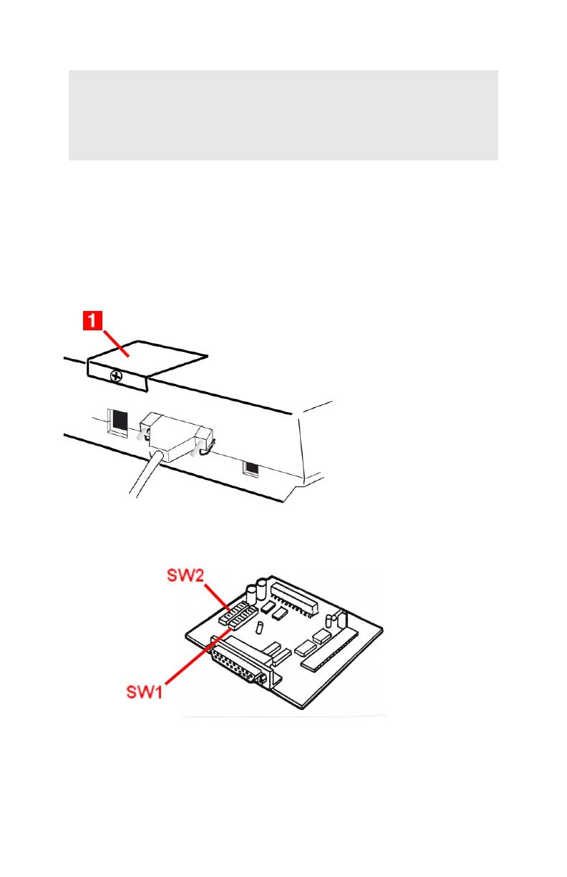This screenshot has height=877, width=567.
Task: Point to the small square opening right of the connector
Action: [x=251, y=468]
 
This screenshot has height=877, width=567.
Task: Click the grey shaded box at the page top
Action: [x=283, y=115]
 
